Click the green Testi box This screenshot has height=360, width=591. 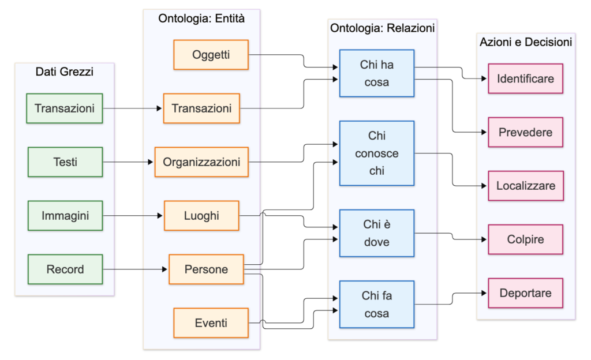[x=65, y=162]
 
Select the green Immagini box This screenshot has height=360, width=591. [x=65, y=216]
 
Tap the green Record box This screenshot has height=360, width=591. [x=65, y=269]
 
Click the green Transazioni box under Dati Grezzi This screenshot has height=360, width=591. [x=65, y=108]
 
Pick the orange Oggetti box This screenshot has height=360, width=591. [x=211, y=55]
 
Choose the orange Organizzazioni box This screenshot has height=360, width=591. [x=201, y=162]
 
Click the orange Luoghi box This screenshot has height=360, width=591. [x=201, y=216]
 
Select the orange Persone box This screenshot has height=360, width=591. [x=206, y=269]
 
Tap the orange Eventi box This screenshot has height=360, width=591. [x=211, y=323]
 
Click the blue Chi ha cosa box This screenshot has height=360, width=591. [x=377, y=73]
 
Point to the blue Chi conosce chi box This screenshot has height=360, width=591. [x=377, y=153]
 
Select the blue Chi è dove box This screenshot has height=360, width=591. [x=377, y=233]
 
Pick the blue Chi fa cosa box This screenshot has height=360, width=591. [x=377, y=304]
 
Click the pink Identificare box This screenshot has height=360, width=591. [x=525, y=78]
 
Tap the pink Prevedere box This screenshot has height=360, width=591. [x=525, y=132]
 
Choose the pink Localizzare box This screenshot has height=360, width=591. [x=526, y=186]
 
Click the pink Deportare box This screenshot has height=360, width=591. [x=525, y=293]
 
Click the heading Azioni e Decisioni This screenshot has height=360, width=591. [x=526, y=42]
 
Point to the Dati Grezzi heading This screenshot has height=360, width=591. [x=65, y=72]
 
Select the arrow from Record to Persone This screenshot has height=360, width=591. [x=135, y=269]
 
